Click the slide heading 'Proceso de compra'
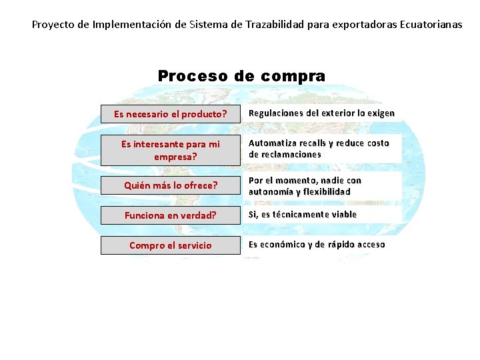click(241, 76)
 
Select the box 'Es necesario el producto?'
click(170, 114)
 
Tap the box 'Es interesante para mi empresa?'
click(170, 151)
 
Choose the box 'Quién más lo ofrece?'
click(170, 186)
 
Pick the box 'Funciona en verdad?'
click(170, 215)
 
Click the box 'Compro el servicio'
click(170, 245)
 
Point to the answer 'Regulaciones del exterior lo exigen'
click(321, 113)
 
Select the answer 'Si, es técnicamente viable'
click(303, 215)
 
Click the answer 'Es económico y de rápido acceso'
click(317, 245)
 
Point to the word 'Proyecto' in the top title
click(53, 25)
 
